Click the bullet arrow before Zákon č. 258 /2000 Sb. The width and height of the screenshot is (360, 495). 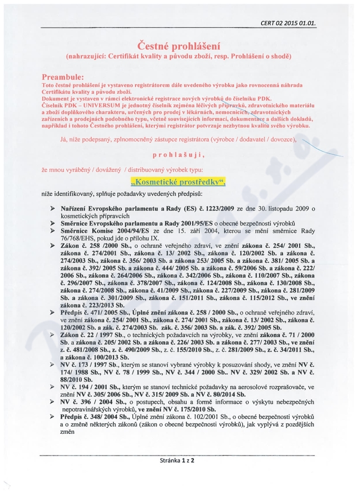53,245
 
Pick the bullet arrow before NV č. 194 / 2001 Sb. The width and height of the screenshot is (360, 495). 53,387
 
